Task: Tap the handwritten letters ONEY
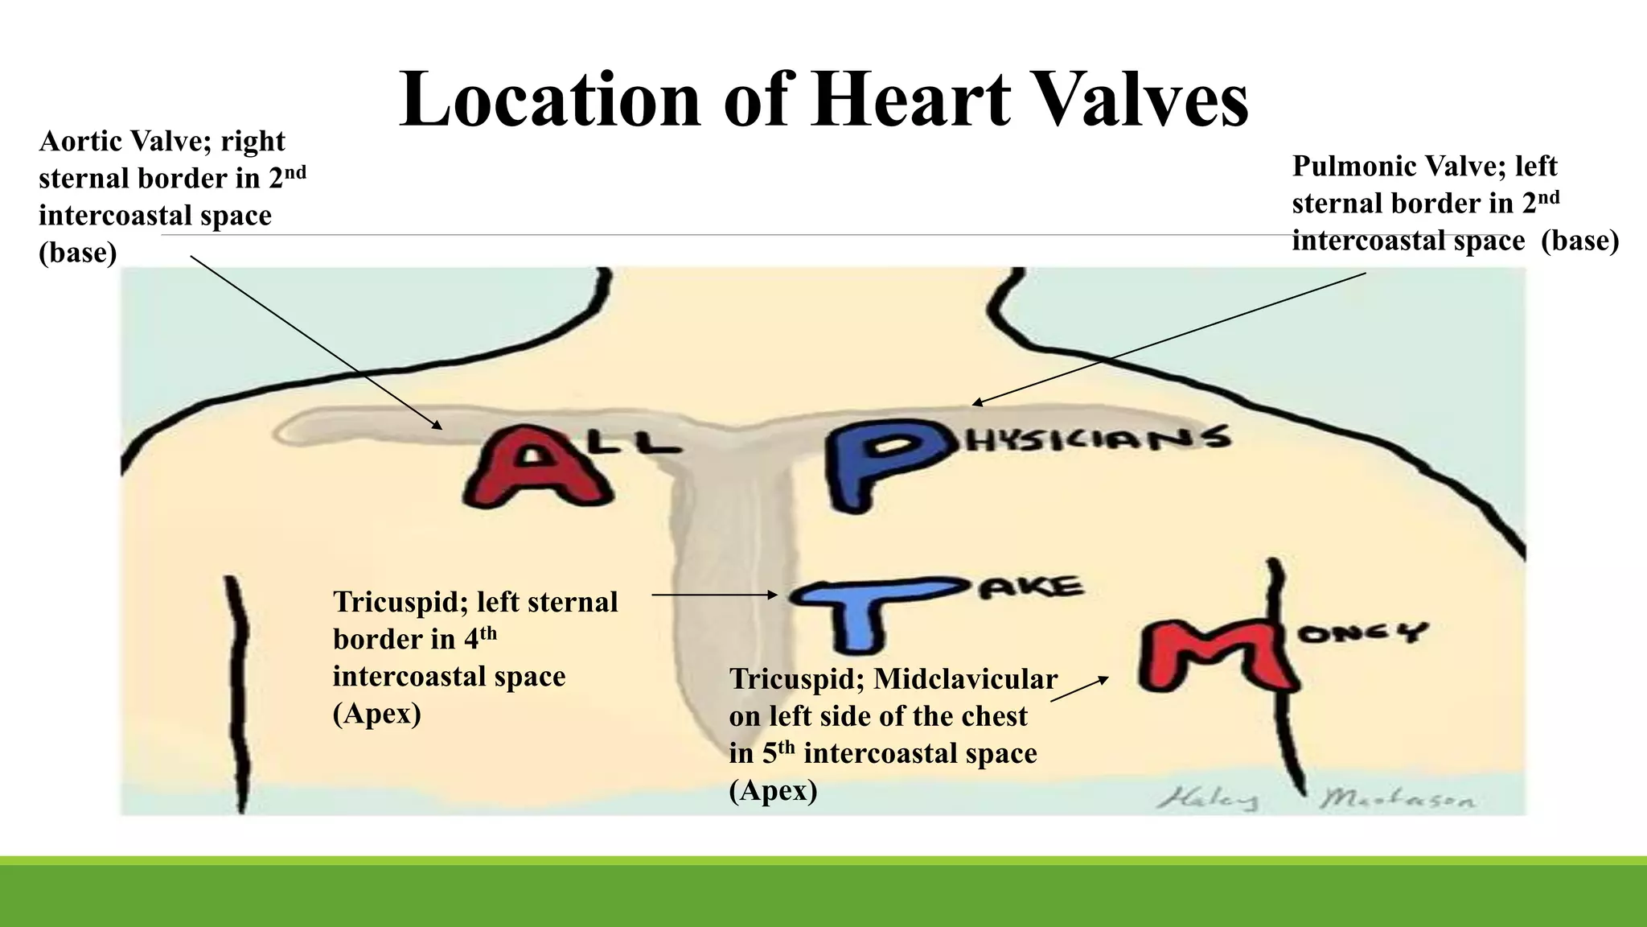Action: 1359,633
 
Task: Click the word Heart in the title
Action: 910,100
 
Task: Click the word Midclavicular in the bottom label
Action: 965,679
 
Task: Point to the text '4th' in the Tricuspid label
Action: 480,639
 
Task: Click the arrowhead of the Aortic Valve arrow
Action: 439,426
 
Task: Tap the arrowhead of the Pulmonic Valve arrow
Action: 975,403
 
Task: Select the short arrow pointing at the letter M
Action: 1079,689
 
